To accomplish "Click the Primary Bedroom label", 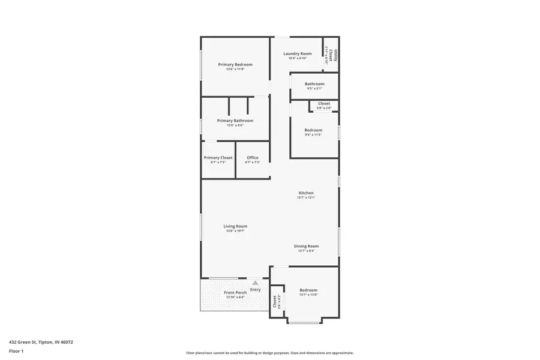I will pyautogui.click(x=235, y=65).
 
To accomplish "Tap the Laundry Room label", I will pyautogui.click(x=298, y=54).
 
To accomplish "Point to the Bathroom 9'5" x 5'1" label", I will pyautogui.click(x=314, y=84).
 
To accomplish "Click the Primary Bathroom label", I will pyautogui.click(x=235, y=121).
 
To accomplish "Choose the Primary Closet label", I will pyautogui.click(x=218, y=158).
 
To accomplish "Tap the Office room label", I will pyautogui.click(x=253, y=158).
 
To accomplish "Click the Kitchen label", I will pyautogui.click(x=306, y=193).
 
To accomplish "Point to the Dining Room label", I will pyautogui.click(x=306, y=246).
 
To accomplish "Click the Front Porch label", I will pyautogui.click(x=235, y=293).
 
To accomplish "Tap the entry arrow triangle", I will pyautogui.click(x=255, y=283).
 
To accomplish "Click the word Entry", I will pyautogui.click(x=255, y=290).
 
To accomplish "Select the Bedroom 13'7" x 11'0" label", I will pyautogui.click(x=308, y=290).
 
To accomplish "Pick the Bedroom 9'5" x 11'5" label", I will pyautogui.click(x=313, y=130).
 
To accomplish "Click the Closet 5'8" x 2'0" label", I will pyautogui.click(x=324, y=104).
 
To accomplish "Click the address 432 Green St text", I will pyautogui.click(x=41, y=342).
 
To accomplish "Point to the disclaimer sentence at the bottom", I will pyautogui.click(x=269, y=353).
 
